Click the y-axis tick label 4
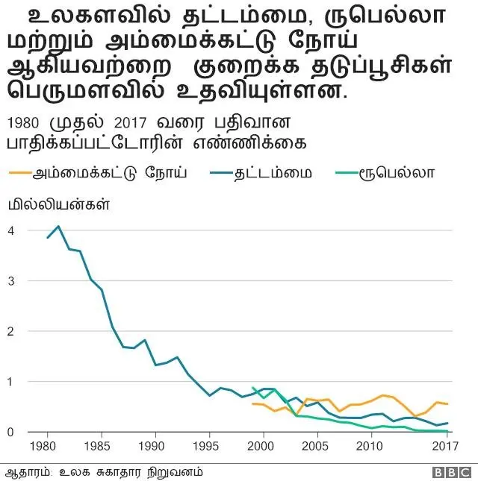[x=11, y=230]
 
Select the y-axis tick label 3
[x=11, y=280]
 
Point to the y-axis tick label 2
[x=11, y=331]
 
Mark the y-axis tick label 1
[x=11, y=381]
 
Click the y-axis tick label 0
[x=11, y=432]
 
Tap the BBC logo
[x=451, y=472]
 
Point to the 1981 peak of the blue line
[x=58, y=226]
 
